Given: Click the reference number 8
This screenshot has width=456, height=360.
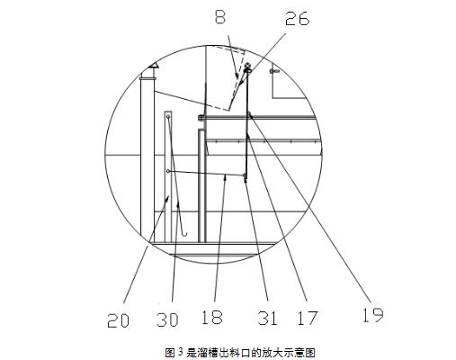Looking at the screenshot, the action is (x=220, y=17).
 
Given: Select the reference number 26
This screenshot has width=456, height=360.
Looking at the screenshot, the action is (x=297, y=19).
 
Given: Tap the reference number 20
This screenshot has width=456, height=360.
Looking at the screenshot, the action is (x=118, y=320).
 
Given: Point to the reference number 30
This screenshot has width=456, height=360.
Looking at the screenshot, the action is (x=167, y=319).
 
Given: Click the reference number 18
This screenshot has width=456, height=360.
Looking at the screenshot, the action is (x=212, y=317).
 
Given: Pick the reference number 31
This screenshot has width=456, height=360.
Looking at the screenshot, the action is (x=267, y=318).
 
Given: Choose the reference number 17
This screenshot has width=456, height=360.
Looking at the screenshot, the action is (x=308, y=318).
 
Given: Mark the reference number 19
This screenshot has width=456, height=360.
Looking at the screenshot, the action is (x=372, y=315).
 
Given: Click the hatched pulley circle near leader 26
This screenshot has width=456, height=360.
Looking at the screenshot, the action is (x=248, y=67).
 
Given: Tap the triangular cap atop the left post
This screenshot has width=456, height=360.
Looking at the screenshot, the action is (x=154, y=65).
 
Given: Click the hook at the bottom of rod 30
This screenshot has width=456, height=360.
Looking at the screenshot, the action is (x=184, y=233).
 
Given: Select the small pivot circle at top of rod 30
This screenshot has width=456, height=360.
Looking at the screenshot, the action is (x=168, y=116).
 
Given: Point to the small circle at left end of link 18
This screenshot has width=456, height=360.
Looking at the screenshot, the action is (x=168, y=171).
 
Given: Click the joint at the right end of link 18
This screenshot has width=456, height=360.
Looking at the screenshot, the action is (x=246, y=175).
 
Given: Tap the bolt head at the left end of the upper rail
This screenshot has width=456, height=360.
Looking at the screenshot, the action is (x=200, y=118).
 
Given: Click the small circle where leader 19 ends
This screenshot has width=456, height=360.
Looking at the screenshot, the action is (x=249, y=113).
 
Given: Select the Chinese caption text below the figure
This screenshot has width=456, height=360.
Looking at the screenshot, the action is (x=240, y=352).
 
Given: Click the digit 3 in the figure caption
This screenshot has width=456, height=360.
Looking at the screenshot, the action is (x=180, y=351).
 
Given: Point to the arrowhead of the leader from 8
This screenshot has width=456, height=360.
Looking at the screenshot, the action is (x=237, y=76).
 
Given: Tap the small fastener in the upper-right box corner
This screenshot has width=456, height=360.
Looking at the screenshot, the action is (x=274, y=71).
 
